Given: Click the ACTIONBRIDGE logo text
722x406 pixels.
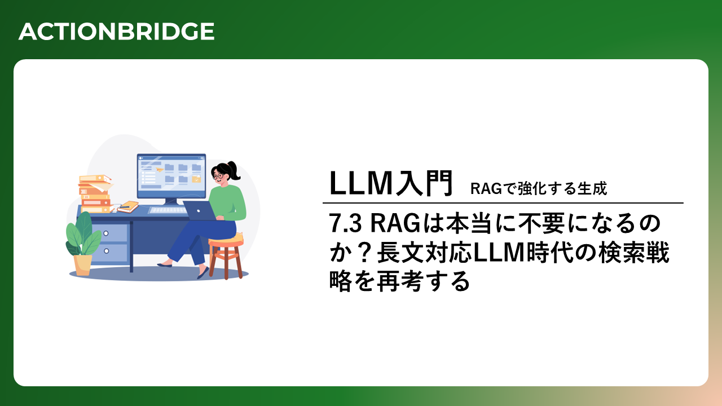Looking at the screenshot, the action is [116, 32].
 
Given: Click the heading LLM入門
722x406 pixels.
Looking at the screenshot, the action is [391, 183].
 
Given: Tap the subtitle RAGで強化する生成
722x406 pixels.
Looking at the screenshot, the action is [539, 188].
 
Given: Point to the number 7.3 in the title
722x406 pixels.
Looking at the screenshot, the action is [345, 223].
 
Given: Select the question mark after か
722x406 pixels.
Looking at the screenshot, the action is [364, 253].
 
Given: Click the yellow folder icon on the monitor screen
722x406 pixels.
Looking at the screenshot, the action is [196, 179].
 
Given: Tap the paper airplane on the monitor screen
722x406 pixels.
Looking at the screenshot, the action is [159, 169].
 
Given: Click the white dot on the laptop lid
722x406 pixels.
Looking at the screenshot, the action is [199, 211].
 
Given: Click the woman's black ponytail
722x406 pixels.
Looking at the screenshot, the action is [234, 170].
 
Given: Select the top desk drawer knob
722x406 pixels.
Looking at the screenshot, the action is [105, 233].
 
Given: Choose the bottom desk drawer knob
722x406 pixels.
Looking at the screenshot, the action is [107, 251].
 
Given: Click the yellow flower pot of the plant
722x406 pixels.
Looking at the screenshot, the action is [82, 265].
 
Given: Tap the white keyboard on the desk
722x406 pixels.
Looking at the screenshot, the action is [168, 210].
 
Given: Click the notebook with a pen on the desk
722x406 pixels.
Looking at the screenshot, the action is [128, 206].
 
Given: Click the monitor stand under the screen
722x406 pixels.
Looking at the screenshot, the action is [171, 202].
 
